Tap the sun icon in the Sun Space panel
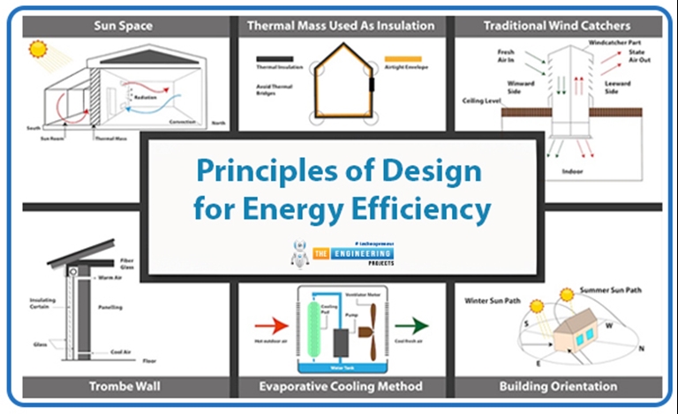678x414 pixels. click(39, 49)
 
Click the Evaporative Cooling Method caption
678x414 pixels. click(340, 386)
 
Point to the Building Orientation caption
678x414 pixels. click(559, 386)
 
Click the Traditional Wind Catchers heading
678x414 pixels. click(557, 26)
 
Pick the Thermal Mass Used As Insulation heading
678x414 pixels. click(340, 26)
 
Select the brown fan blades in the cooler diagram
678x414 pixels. click(372, 331)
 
